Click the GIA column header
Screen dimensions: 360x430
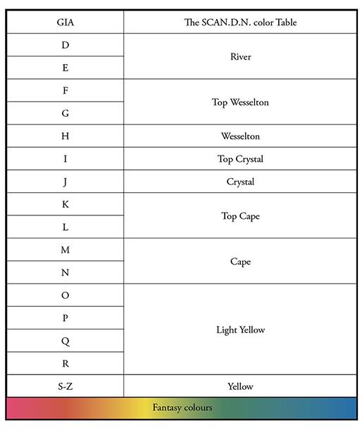(x=65, y=23)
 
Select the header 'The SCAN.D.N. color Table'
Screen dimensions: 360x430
(x=240, y=23)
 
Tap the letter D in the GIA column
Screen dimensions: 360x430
(x=65, y=45)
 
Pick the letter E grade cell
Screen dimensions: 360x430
(x=65, y=68)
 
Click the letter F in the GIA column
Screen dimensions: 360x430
(x=65, y=91)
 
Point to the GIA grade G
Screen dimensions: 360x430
(x=65, y=113)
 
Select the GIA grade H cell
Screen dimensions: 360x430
(x=65, y=136)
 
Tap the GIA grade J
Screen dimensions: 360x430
(x=65, y=182)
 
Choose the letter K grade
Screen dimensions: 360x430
(x=65, y=204)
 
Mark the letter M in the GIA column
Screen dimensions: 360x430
(x=65, y=250)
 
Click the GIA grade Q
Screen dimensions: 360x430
(x=65, y=341)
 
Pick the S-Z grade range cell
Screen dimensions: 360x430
(x=65, y=386)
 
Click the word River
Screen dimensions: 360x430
(x=240, y=56)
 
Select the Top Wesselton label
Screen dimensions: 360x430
(x=240, y=102)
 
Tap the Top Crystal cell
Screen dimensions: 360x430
(x=240, y=159)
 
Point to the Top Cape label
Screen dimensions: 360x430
(x=240, y=216)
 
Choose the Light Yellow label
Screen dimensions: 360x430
(x=240, y=329)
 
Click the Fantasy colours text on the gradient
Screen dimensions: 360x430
(x=182, y=407)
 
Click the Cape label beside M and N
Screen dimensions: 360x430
(x=240, y=262)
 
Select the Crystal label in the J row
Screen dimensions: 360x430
(x=240, y=182)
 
